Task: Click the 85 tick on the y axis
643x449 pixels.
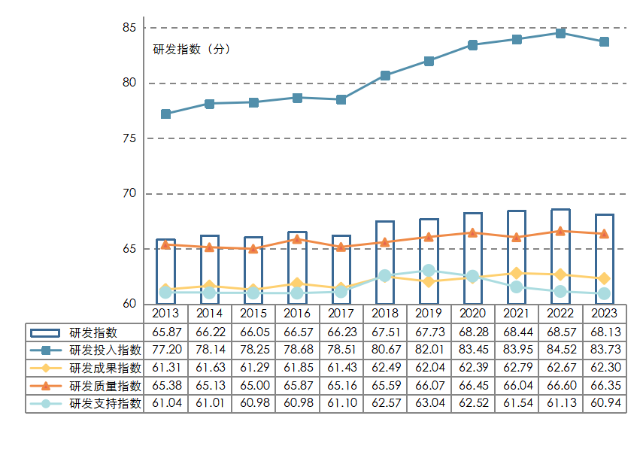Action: (129, 28)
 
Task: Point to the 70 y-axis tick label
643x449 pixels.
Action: (129, 193)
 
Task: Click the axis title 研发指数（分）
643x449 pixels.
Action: (192, 50)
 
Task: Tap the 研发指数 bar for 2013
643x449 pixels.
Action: (165, 271)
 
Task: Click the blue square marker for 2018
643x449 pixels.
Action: (385, 75)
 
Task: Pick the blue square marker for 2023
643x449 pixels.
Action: (604, 42)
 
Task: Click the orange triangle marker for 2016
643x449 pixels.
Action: (297, 239)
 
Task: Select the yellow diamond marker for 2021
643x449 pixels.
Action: (517, 273)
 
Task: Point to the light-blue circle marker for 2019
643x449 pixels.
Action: (429, 270)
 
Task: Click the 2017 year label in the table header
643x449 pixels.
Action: (341, 313)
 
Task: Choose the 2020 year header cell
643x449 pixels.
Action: (472, 313)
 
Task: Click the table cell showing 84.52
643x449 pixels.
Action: (560, 350)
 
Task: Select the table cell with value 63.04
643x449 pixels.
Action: (429, 404)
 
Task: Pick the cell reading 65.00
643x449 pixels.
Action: (253, 386)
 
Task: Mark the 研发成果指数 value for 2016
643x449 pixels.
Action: (297, 368)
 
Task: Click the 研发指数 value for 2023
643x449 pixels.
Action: (604, 332)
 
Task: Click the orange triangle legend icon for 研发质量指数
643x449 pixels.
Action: (47, 386)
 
